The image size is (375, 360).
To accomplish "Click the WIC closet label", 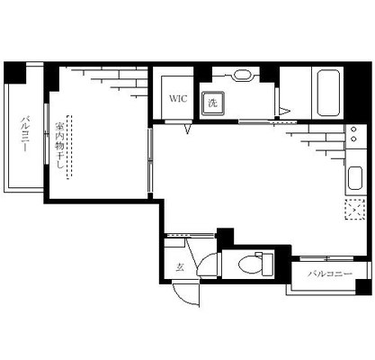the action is (178, 98).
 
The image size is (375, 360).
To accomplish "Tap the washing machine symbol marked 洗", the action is (213, 103).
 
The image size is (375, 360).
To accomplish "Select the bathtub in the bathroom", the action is (328, 93).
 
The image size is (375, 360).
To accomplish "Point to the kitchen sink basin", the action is (355, 178).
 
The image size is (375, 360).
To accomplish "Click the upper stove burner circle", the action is (353, 130).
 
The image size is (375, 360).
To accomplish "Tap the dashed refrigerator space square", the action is (355, 209).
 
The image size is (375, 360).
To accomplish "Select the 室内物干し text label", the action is (59, 146).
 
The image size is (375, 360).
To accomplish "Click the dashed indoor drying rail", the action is (69, 147).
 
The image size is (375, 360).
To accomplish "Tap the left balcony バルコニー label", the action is (24, 133).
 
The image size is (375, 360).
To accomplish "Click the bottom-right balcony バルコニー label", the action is (330, 274).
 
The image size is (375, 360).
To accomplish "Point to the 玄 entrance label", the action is (180, 266).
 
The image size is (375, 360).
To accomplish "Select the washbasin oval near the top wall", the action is (242, 75).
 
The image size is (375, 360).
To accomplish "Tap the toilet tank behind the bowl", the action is (268, 265).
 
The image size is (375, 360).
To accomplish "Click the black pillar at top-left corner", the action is (14, 73).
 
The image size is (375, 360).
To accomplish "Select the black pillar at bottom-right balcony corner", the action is (363, 287).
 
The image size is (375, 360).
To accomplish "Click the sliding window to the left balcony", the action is (47, 134).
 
